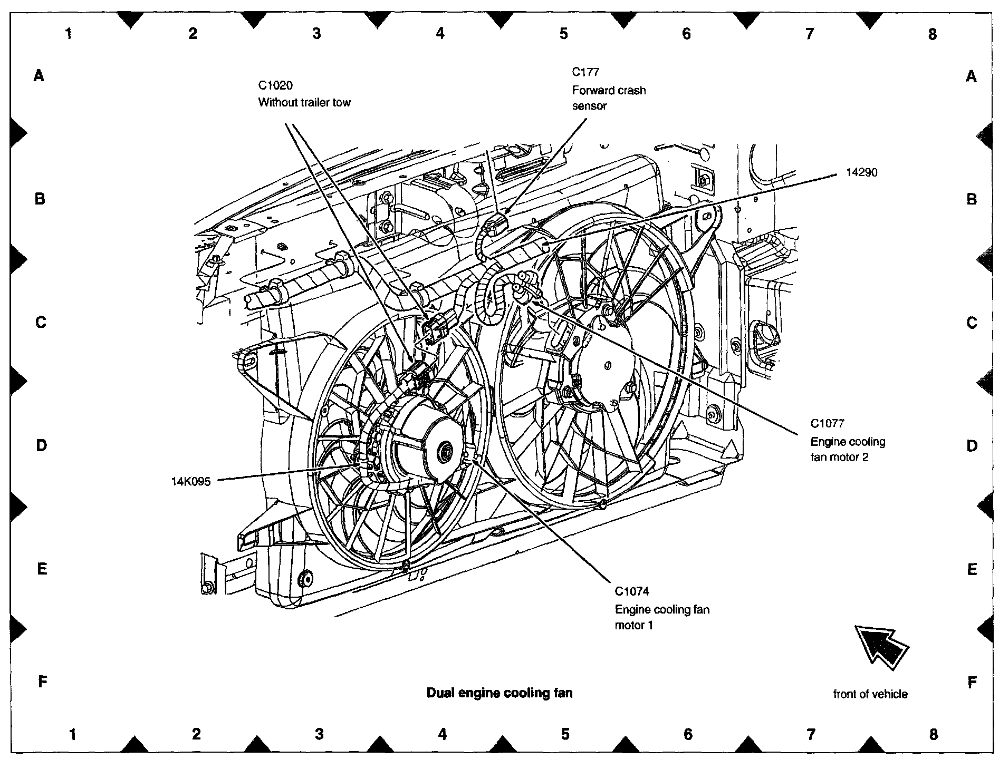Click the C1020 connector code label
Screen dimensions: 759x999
(x=275, y=86)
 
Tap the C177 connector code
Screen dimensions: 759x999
(x=585, y=72)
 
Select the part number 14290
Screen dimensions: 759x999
(x=861, y=173)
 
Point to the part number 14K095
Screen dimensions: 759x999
(x=191, y=481)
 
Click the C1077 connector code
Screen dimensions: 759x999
(x=827, y=423)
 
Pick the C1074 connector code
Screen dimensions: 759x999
(x=632, y=591)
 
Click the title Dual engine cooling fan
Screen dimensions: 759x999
(x=499, y=693)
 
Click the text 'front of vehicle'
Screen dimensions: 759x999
(x=870, y=694)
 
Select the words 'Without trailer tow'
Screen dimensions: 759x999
(x=304, y=102)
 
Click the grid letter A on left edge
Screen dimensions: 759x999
(x=39, y=76)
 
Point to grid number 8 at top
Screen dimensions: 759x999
(x=932, y=34)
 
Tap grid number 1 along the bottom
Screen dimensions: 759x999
(x=73, y=734)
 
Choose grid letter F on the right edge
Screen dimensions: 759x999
(x=972, y=683)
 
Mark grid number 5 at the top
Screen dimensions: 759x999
(x=563, y=34)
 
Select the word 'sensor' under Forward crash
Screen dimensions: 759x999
(x=589, y=106)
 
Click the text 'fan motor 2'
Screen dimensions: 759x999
(x=839, y=457)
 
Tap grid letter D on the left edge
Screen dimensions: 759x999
(x=41, y=446)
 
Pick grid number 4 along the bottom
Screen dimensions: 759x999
(x=442, y=734)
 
